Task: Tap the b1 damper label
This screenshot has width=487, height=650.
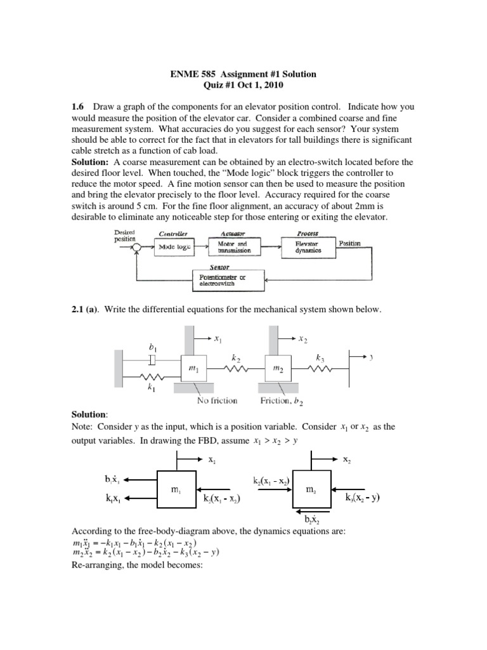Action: click(x=152, y=347)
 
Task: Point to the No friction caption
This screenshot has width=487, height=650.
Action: click(x=217, y=401)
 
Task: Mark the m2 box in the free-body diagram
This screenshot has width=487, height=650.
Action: click(x=311, y=489)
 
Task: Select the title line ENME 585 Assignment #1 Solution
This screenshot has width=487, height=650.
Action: click(x=243, y=74)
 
